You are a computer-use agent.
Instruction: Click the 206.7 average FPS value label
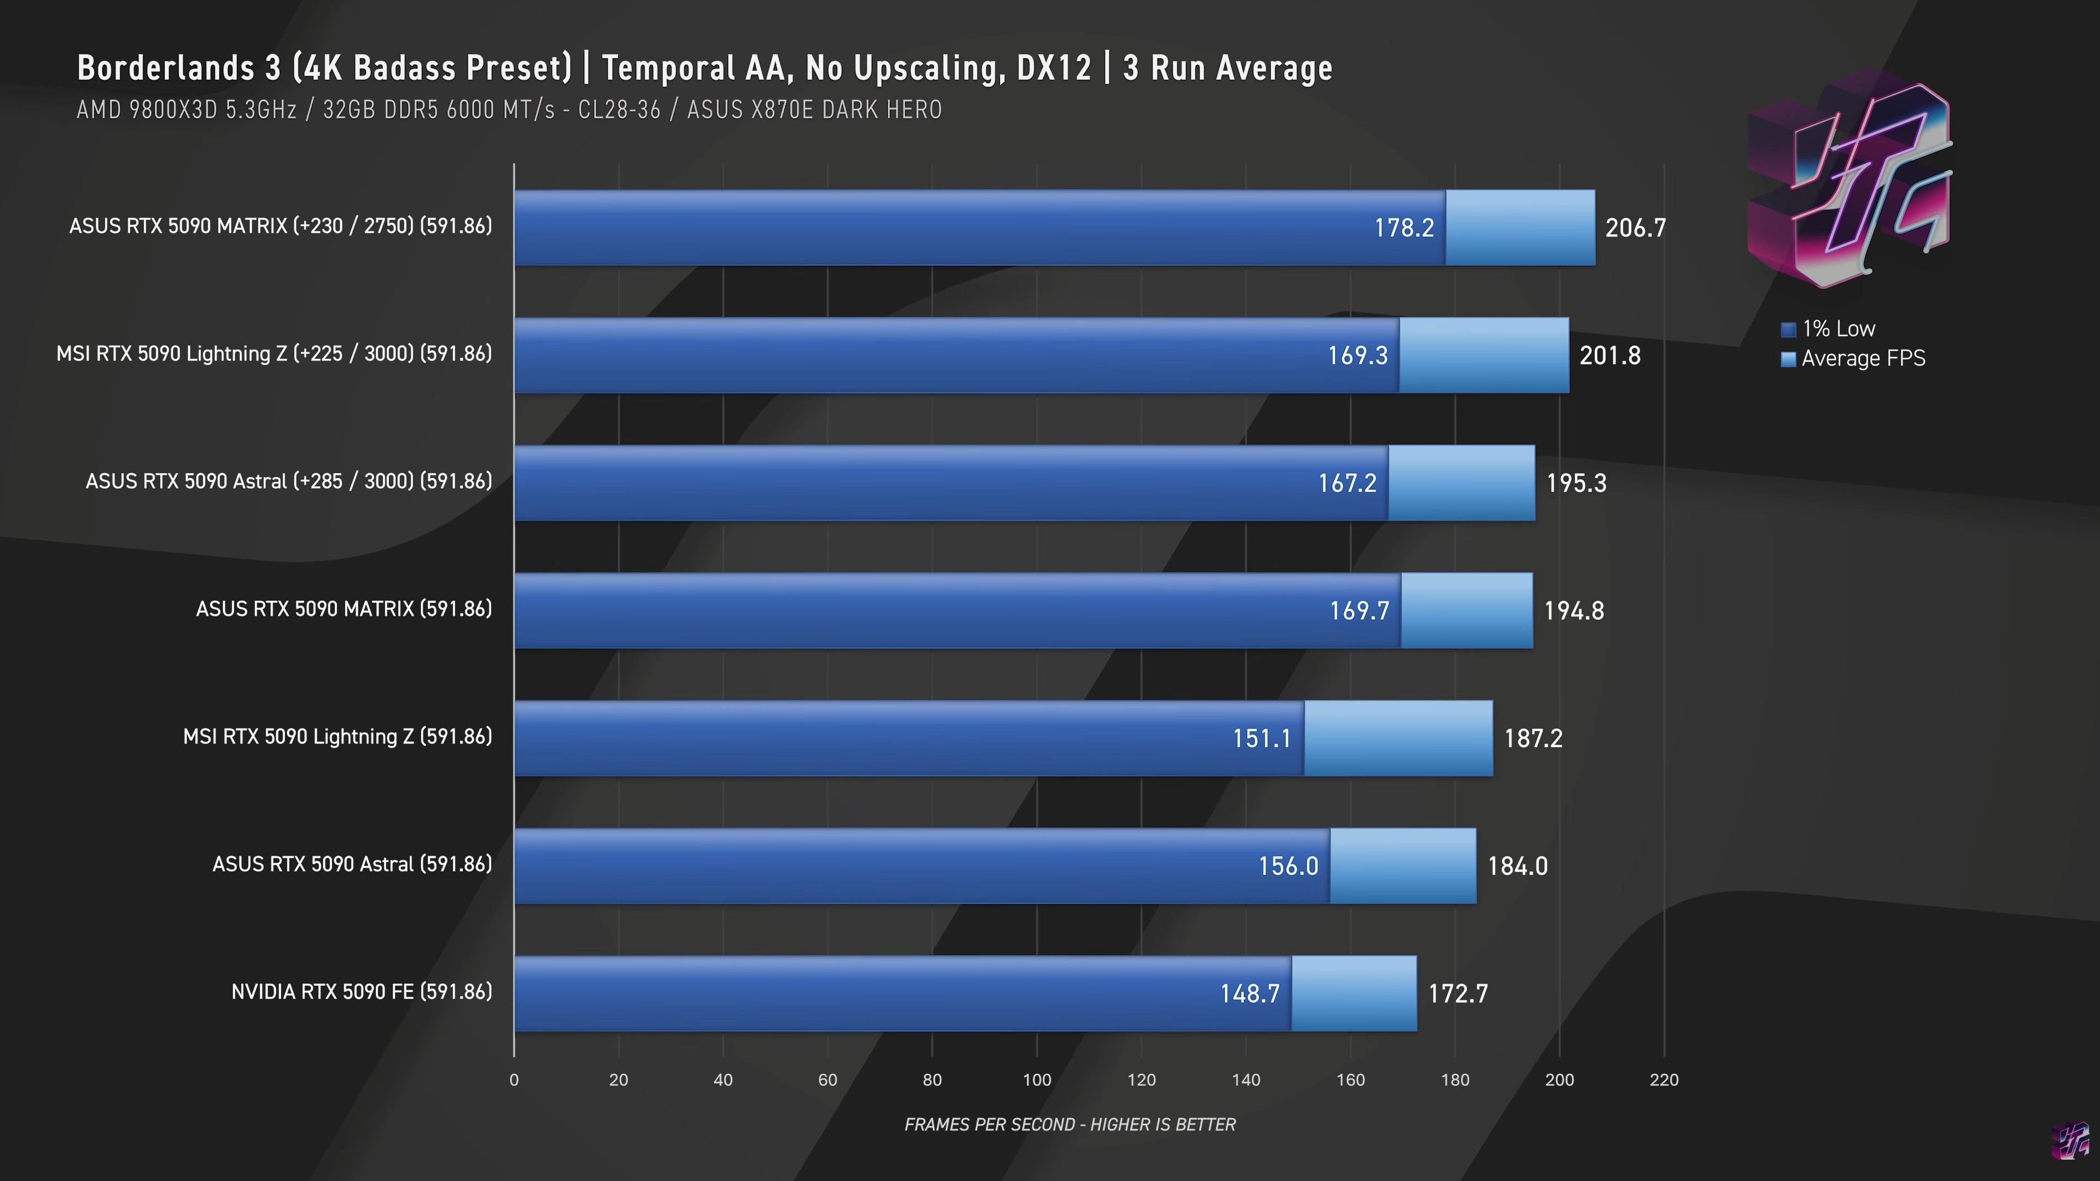(1636, 228)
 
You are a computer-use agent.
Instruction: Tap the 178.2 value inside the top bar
(1404, 228)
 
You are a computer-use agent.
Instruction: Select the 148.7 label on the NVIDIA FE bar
(1250, 993)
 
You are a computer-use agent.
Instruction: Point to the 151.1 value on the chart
(1261, 738)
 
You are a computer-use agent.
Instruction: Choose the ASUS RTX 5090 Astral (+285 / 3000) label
(289, 482)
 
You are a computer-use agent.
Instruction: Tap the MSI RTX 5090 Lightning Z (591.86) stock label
(338, 737)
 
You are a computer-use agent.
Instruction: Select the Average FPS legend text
(1863, 359)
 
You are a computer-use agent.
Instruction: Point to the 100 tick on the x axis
(1037, 1080)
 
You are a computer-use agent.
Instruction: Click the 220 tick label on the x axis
(1664, 1080)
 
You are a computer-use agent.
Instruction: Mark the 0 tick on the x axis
(514, 1080)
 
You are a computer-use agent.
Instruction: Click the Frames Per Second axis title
(1069, 1125)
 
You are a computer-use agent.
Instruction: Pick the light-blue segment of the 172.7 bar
(1354, 993)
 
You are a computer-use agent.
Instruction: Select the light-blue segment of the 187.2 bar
(1398, 738)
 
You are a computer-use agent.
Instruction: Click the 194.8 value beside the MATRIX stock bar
(1573, 610)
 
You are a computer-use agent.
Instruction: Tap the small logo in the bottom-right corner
(2070, 1141)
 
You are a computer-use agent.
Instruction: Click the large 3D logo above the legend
(1849, 179)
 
